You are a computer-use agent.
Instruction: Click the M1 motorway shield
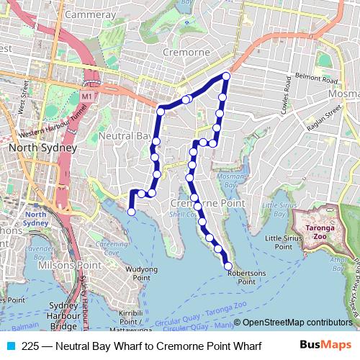[x=87, y=95]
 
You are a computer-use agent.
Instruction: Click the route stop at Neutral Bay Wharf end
[x=131, y=212]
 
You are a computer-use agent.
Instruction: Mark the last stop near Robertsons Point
[x=229, y=266]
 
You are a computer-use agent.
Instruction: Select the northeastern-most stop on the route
[x=226, y=76]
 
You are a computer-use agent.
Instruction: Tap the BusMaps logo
[x=325, y=346]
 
